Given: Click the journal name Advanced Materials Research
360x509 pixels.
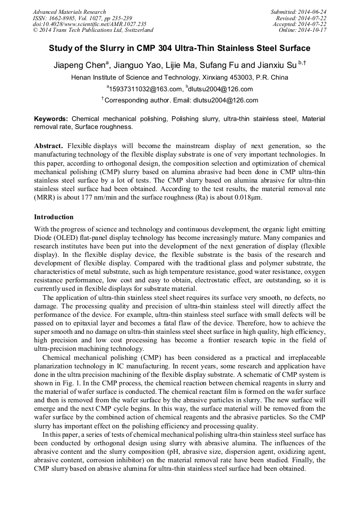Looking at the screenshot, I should [69, 12].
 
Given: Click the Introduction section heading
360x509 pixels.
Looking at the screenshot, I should [54, 217].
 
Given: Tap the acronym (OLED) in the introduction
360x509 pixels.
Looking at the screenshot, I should [70, 238].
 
